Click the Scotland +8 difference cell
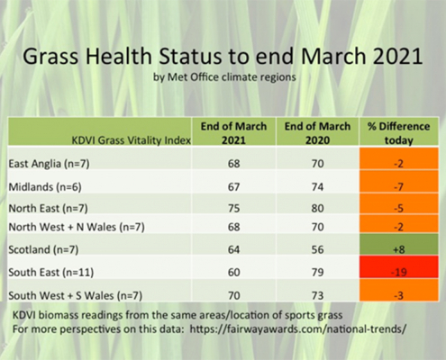tap(399, 245)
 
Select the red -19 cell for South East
tap(399, 267)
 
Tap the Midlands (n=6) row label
tap(45, 187)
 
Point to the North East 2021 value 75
tap(233, 208)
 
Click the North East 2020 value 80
tap(317, 208)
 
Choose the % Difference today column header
tap(399, 133)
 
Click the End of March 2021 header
tap(233, 133)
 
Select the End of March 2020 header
tap(317, 133)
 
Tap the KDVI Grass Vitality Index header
tap(132, 140)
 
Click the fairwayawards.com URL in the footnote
tap(298, 329)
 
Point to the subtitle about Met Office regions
tap(224, 77)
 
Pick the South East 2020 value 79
tap(317, 272)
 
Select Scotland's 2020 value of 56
tap(317, 249)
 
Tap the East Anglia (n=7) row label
tap(49, 164)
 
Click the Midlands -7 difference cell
tap(399, 182)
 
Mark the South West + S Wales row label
tap(76, 296)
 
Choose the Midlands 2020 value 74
tap(317, 187)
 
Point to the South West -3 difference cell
tap(399, 290)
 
